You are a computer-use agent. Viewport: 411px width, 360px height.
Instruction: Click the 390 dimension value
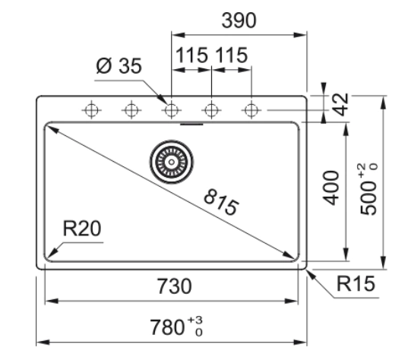point(239,21)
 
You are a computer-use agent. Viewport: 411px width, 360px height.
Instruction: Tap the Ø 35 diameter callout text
point(119,65)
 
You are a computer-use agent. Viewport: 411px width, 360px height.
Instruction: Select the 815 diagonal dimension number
point(221,202)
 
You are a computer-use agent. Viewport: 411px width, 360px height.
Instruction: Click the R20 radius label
point(82,229)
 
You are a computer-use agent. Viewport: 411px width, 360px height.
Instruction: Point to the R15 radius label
point(356,283)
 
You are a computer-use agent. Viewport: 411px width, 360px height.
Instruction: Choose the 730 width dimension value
point(174,286)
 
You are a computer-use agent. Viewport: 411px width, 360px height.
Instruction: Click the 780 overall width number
point(167,327)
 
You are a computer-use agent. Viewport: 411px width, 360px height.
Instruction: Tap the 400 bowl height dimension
point(330,188)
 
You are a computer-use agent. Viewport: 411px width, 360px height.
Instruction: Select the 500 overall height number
point(368,197)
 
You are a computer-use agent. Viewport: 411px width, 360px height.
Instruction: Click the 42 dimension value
point(342,104)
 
